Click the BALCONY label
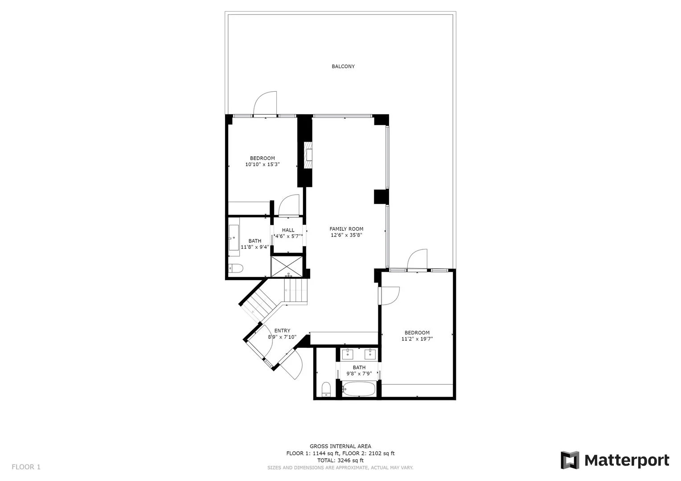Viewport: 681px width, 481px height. click(x=343, y=66)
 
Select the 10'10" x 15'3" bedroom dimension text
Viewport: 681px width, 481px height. click(x=262, y=164)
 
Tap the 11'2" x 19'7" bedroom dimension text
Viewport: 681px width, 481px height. click(x=417, y=339)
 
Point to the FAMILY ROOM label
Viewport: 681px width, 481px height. click(x=346, y=229)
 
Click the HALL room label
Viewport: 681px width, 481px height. click(x=288, y=230)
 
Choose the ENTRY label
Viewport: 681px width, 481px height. click(x=282, y=330)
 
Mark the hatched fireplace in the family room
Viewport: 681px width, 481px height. click(x=308, y=155)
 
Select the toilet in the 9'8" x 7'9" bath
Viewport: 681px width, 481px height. click(x=326, y=388)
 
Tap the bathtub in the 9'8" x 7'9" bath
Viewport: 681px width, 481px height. click(x=360, y=389)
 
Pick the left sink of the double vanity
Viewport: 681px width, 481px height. click(x=348, y=355)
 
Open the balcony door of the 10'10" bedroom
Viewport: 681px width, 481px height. click(x=265, y=104)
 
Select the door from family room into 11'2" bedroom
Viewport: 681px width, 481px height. click(x=389, y=295)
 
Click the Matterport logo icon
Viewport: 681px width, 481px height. click(x=570, y=460)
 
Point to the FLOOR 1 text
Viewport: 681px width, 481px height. click(x=26, y=467)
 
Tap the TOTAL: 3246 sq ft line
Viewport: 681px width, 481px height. click(x=340, y=461)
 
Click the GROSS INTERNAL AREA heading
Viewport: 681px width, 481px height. click(x=340, y=446)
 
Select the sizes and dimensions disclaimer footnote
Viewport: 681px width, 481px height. click(x=340, y=468)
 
